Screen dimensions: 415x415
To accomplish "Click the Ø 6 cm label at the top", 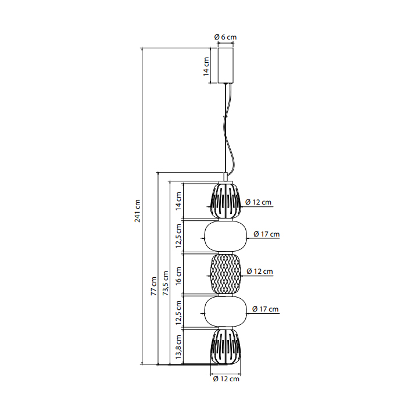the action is coord(226,37).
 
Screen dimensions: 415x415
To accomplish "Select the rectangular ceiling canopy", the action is coord(226,65).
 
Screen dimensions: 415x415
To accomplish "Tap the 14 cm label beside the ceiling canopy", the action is coord(206,67).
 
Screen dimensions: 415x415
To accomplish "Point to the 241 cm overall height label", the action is coord(137,210).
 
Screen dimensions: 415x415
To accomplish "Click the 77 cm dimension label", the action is coord(153,286).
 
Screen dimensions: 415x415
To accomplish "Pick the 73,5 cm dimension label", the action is coord(166,283).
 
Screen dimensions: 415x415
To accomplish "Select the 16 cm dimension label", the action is coord(178,276).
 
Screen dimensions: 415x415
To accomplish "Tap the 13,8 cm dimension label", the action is coord(178,347).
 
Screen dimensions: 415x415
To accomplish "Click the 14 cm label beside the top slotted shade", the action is coord(178,201).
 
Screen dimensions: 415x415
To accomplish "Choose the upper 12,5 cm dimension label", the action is coord(178,236).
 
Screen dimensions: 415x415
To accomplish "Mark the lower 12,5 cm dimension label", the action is coord(178,313).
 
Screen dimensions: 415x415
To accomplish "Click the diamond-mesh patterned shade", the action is coord(226,274).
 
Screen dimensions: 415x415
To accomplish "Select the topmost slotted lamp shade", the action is coord(226,201).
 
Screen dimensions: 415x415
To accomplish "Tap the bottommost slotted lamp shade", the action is coord(226,347).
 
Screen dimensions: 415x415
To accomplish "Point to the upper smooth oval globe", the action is coord(226,237).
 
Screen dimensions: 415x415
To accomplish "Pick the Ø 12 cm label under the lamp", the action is coord(226,379).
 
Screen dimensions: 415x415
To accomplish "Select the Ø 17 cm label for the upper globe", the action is coord(267,234).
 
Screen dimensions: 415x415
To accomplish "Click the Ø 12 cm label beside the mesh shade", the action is coord(260,271).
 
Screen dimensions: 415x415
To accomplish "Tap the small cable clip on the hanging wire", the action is coord(226,116).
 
